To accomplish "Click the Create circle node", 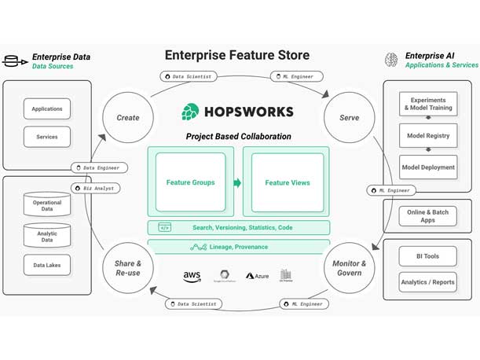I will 127,118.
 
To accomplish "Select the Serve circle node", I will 349,118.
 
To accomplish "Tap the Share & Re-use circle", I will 127,268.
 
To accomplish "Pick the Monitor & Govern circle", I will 349,268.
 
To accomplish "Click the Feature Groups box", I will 190,182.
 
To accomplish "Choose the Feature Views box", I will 287,182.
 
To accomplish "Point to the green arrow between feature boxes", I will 237,183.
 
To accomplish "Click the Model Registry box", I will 427,136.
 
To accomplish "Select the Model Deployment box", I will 427,167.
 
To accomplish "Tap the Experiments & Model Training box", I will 427,105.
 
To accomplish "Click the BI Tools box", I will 427,256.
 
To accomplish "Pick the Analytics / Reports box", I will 427,282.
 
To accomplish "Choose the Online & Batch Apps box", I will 427,215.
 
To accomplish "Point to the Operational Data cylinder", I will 47,204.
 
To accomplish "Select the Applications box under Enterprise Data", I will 47,109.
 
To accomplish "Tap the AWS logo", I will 192,276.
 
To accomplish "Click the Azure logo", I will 257,276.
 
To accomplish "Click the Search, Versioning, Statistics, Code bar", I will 239,228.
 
